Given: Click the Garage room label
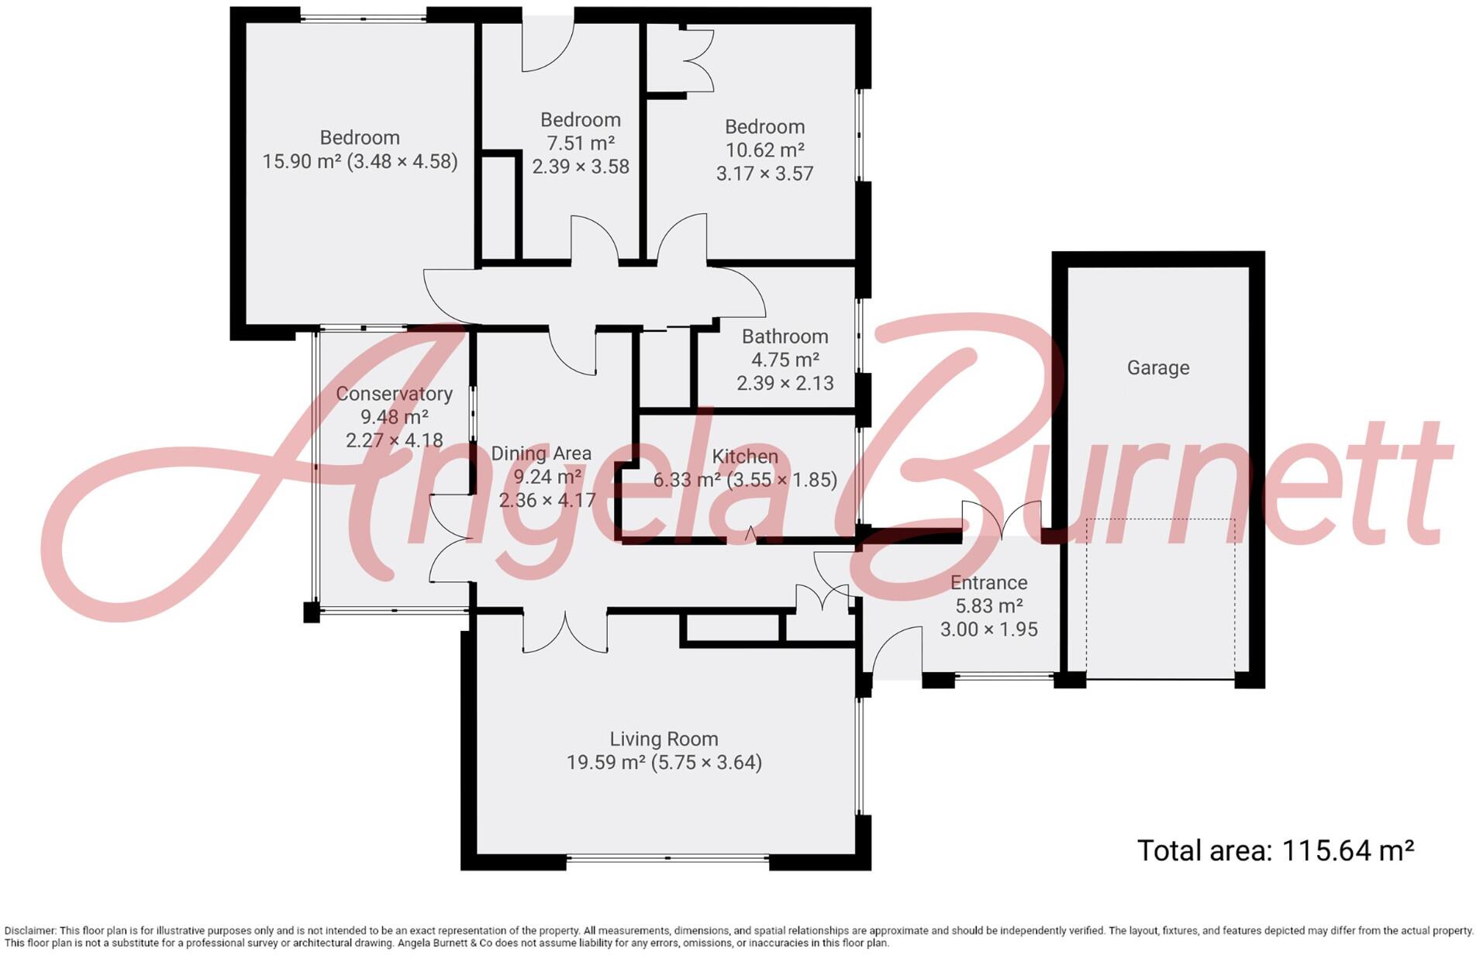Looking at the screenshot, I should click(1157, 367).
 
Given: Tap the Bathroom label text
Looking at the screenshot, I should click(785, 336).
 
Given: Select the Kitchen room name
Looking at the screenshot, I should click(744, 457).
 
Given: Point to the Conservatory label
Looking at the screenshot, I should click(394, 394).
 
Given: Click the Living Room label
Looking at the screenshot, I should click(664, 739).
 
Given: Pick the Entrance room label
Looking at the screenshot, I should click(988, 583).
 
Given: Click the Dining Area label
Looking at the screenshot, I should click(541, 453).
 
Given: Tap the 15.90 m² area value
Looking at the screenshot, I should click(301, 161).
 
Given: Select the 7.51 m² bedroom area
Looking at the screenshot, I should click(580, 143).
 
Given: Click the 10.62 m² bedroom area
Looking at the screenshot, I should click(764, 150).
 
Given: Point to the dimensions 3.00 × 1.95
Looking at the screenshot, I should click(988, 629).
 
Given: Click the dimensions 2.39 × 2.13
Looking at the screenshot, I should click(785, 383).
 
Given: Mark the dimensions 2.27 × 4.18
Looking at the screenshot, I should click(394, 440).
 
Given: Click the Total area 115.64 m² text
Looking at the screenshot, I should click(1274, 851).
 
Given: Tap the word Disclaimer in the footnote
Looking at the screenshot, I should click(29, 931).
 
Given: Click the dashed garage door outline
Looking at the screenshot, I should click(1160, 519).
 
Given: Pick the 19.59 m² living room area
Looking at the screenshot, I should click(605, 763).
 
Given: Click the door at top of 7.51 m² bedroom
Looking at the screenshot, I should click(547, 47).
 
